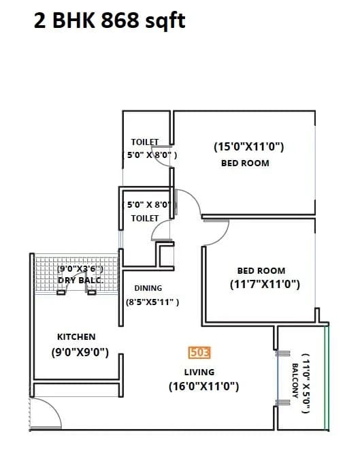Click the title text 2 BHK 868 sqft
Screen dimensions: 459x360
[x=109, y=21]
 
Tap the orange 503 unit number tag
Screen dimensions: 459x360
[x=199, y=353]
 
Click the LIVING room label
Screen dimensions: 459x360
[x=199, y=372]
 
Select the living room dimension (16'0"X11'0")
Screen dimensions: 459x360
[x=203, y=386]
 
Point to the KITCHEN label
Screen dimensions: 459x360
[x=76, y=336]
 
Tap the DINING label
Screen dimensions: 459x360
[x=148, y=288]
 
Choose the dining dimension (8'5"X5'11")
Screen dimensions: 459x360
[x=152, y=302]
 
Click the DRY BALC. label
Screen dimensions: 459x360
[x=80, y=280]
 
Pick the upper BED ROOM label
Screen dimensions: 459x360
[x=245, y=163]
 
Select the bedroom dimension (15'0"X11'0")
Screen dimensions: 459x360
[x=248, y=146]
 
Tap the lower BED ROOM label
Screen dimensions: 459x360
[x=261, y=270]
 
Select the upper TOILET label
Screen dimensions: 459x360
[x=144, y=142]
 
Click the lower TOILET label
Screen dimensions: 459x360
[x=144, y=218]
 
